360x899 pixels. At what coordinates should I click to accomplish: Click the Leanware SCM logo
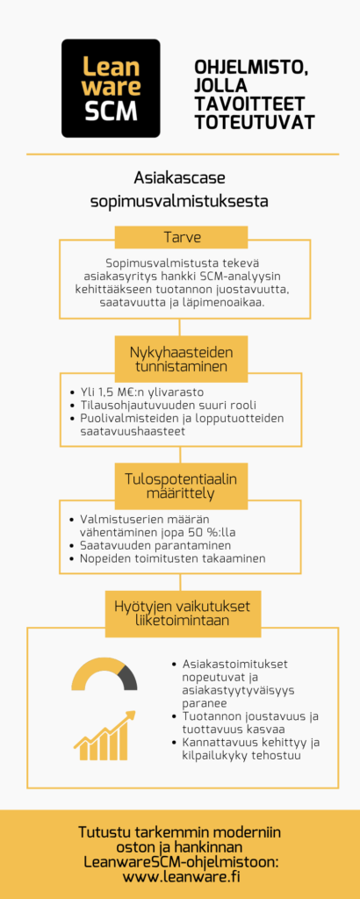point(111,88)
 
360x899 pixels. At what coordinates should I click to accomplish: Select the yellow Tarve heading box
point(179,237)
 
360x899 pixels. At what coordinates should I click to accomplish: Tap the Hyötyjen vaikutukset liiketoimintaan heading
point(179,614)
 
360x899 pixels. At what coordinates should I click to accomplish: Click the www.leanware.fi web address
point(179,875)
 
